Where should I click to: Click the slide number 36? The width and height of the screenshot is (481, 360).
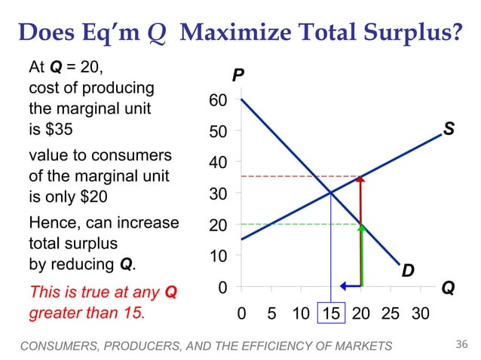[462, 345]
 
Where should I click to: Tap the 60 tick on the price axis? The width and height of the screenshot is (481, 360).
[218, 101]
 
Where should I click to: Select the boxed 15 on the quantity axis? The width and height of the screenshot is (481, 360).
[331, 311]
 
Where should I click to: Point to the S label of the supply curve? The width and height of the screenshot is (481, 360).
[449, 130]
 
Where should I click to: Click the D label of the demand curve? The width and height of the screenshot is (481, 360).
[407, 269]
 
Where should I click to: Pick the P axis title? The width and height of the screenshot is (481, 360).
[238, 76]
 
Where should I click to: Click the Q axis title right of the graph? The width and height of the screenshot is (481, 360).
[448, 288]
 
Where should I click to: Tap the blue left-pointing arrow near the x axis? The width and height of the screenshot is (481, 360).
[348, 286]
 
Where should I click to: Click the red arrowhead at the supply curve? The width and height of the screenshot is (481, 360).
[361, 180]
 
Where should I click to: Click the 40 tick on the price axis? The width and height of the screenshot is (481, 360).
[218, 162]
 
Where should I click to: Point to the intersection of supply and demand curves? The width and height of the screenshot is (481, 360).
[331, 193]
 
